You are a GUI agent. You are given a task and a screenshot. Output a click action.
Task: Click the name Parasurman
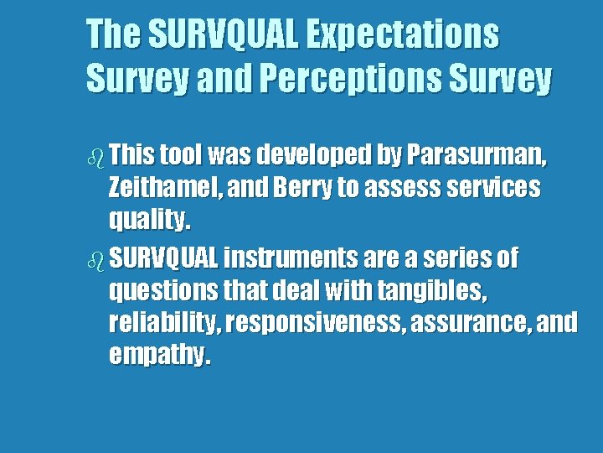click(477, 156)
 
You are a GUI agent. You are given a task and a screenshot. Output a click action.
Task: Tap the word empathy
click(159, 356)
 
